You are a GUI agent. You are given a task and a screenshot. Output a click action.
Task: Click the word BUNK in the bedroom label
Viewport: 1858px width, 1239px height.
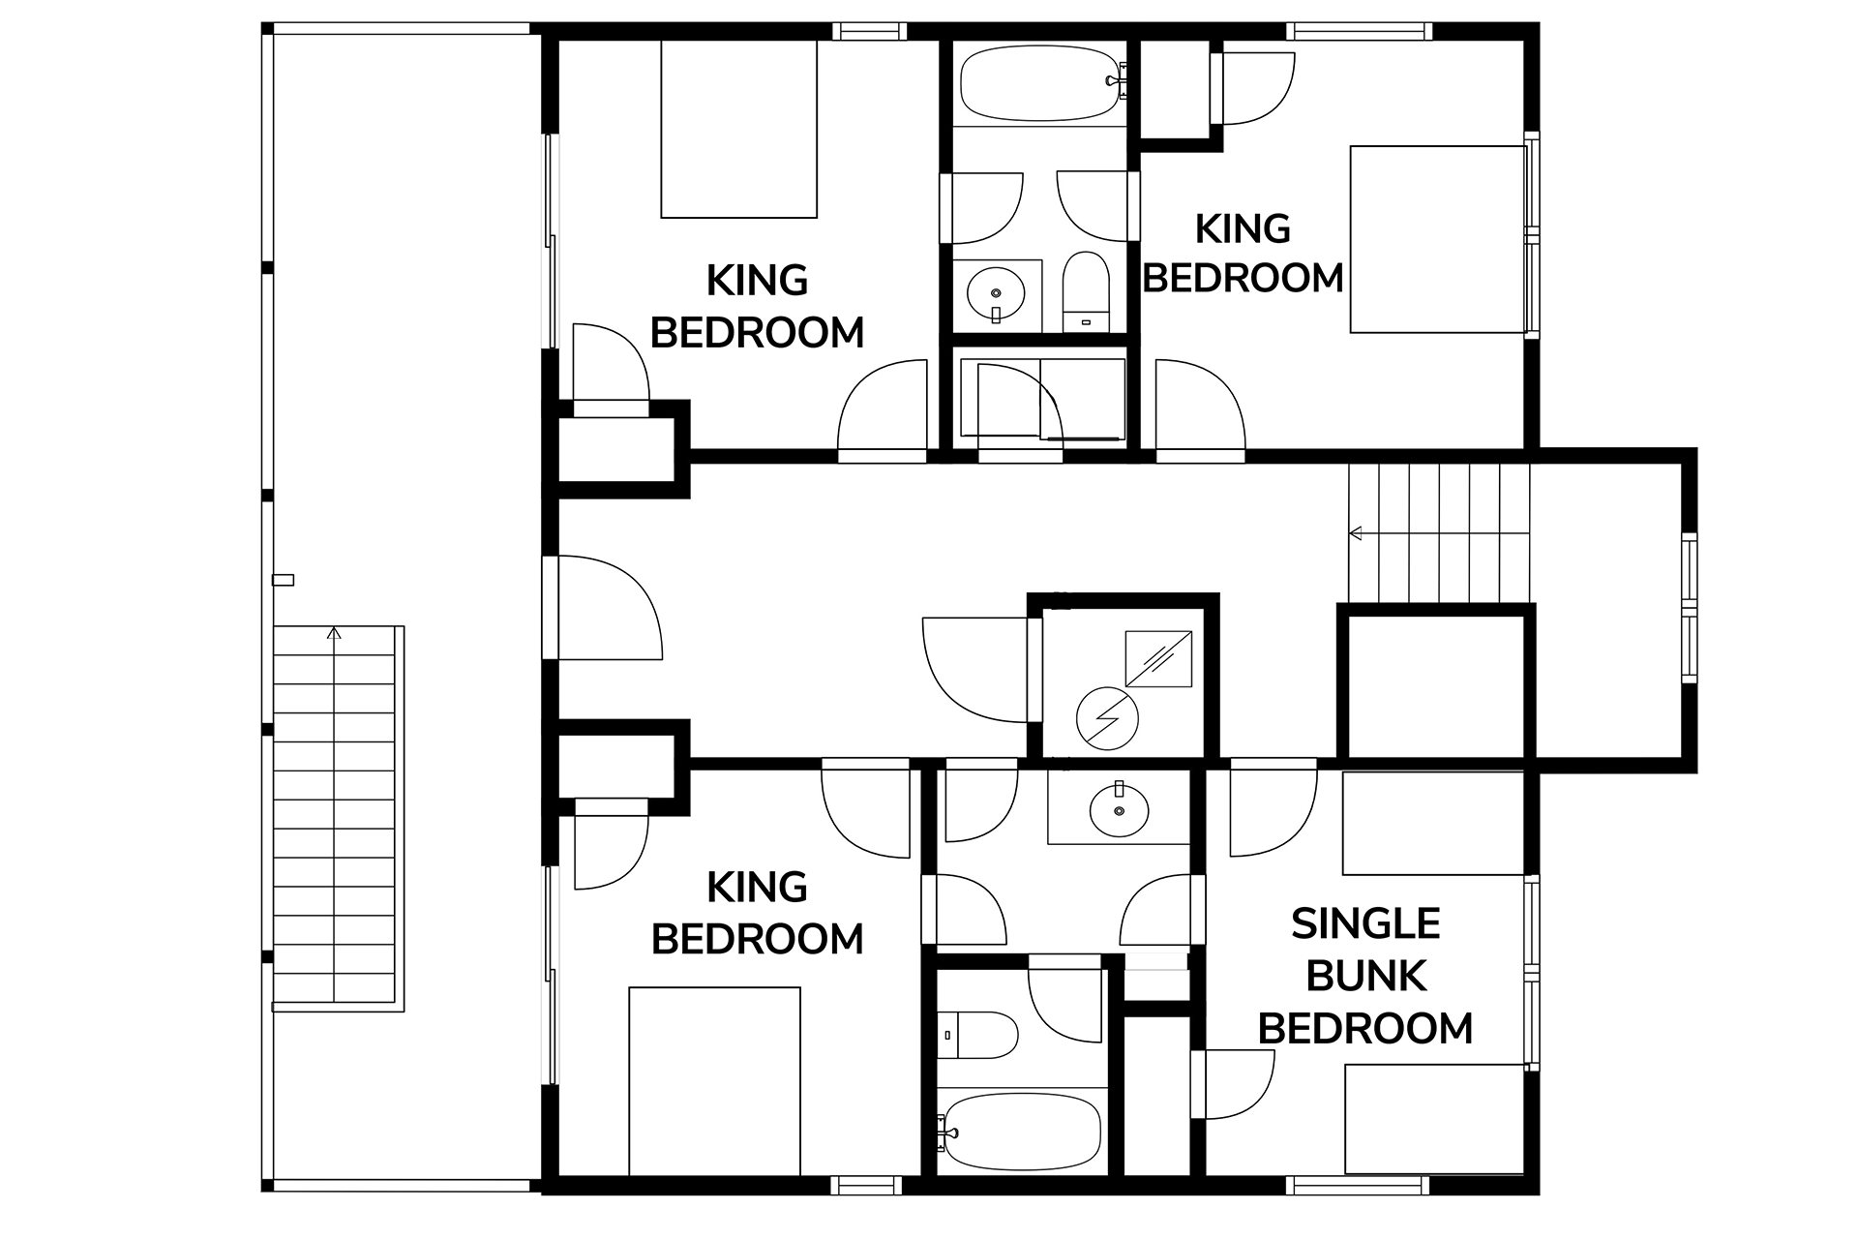click(x=1365, y=977)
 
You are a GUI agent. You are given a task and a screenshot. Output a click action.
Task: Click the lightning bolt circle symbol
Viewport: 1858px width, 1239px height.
click(x=1107, y=718)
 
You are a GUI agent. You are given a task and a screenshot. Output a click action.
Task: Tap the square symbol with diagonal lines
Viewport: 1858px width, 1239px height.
click(x=1158, y=659)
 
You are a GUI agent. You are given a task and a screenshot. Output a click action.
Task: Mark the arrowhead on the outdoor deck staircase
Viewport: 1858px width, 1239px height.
click(x=334, y=634)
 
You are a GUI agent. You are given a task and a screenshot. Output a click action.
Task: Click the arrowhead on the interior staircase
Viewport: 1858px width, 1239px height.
click(x=1356, y=532)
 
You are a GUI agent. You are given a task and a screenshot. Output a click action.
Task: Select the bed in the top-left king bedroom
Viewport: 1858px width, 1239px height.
click(x=739, y=129)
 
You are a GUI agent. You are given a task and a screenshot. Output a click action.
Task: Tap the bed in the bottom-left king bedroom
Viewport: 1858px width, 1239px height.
click(x=715, y=1081)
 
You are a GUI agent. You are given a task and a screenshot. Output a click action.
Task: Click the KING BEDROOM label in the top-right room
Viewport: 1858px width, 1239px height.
click(x=1244, y=254)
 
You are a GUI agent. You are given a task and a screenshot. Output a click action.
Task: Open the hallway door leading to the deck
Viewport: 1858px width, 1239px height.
click(x=602, y=608)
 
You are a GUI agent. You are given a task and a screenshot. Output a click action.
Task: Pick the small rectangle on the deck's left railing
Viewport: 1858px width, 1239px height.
click(x=284, y=581)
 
